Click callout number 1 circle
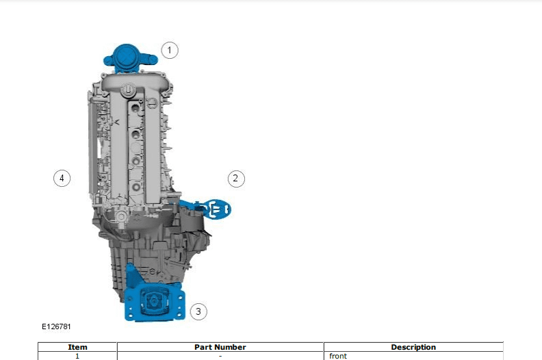click(x=170, y=51)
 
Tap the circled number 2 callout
click(x=236, y=179)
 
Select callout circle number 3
click(x=198, y=311)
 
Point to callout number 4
click(x=62, y=179)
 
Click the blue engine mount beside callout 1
click(x=130, y=58)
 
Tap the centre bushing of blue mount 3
click(x=153, y=302)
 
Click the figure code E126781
click(x=56, y=326)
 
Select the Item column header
click(x=77, y=347)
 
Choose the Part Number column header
click(x=220, y=347)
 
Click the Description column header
click(x=413, y=347)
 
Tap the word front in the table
click(x=338, y=356)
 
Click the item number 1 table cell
click(x=77, y=356)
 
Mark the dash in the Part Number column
click(x=220, y=356)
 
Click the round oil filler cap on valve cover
click(x=127, y=90)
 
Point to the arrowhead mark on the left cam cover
click(x=117, y=122)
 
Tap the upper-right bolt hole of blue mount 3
click(x=180, y=297)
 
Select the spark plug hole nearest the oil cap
click(x=135, y=108)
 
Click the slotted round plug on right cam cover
click(x=152, y=103)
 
